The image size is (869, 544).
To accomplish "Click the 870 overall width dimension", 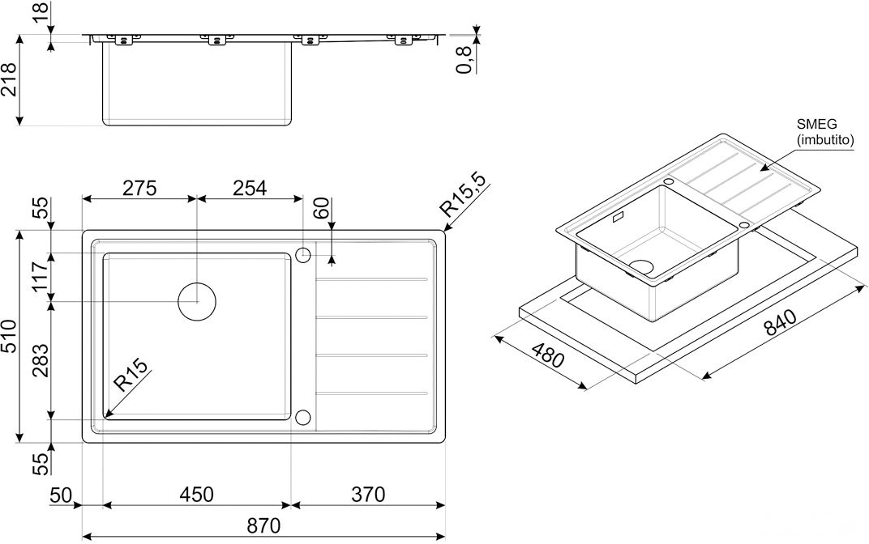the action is point(263,525).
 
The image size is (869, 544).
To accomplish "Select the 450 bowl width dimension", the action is point(196,494).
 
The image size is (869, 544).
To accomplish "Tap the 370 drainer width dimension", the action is point(368,494).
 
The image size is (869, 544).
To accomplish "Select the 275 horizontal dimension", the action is point(139,188).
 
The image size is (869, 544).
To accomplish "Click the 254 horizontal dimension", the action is point(250,188).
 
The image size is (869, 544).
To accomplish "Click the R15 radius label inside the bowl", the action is point(131,375).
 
